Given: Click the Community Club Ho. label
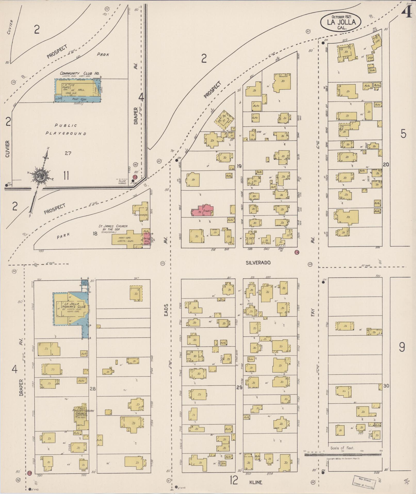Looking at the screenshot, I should click(80, 74).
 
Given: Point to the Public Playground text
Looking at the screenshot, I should click(66, 129).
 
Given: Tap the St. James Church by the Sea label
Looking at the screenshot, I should click(113, 228).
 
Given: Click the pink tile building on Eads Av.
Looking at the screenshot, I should click(203, 210).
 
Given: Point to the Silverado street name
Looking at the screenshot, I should click(258, 263).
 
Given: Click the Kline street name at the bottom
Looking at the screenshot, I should click(256, 482).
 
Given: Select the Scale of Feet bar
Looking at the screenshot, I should click(343, 454).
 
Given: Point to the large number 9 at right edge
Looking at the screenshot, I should click(402, 347).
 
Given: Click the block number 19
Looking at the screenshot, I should click(239, 166).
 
